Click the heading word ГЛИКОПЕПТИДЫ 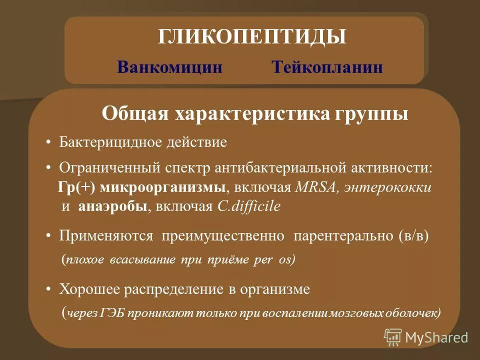coord(252,37)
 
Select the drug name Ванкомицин coord(169,67)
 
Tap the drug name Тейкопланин coord(327,67)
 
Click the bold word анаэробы coord(113,207)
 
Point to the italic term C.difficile coord(248,207)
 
